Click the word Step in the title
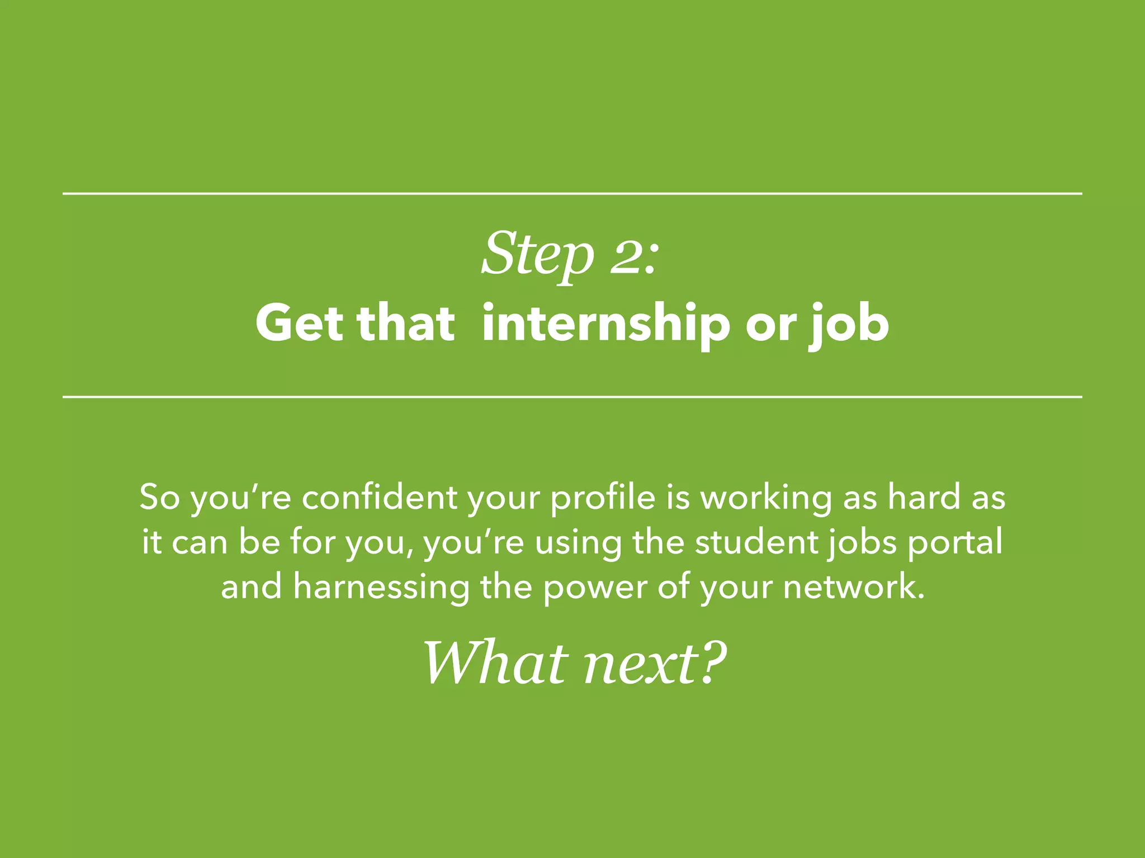pos(537,254)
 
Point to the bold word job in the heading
pos(850,325)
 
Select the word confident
pos(380,497)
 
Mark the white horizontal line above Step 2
pos(572,194)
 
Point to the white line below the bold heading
pos(572,397)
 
